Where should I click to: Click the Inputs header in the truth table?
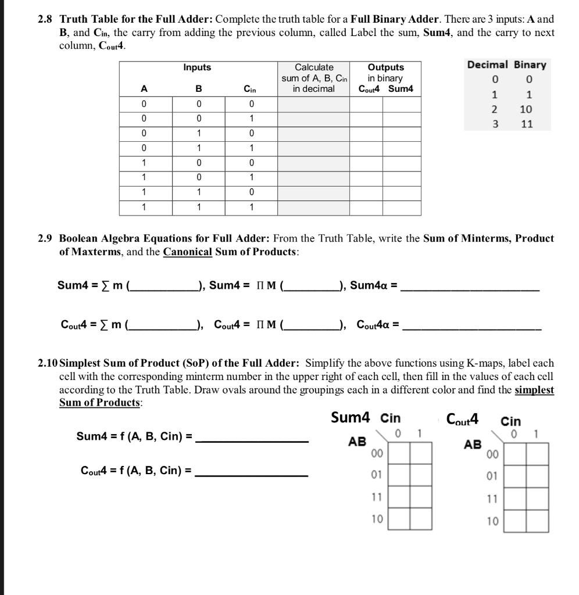197,68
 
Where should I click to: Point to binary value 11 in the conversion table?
527,124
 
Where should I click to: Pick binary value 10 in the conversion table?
527,109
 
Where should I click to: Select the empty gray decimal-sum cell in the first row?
313,104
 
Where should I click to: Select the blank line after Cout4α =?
471,328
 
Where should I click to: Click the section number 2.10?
48,363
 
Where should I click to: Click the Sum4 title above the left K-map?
350,417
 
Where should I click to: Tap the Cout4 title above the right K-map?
462,418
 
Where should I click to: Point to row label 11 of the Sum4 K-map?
377,497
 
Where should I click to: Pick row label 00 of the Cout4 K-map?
492,454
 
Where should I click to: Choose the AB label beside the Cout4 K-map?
473,445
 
